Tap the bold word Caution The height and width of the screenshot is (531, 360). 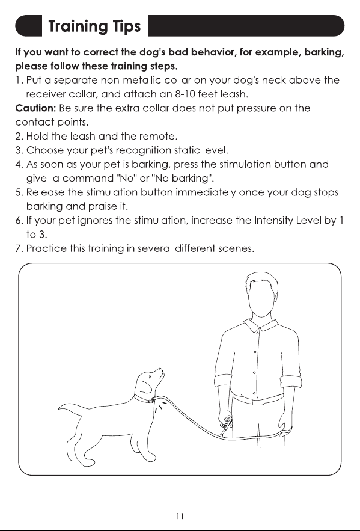pos(35,108)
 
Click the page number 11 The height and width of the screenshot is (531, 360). pos(180,516)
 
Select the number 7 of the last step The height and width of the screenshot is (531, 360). pos(19,248)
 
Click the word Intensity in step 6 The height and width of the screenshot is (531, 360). pos(273,221)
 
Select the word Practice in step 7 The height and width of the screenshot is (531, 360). pos(46,248)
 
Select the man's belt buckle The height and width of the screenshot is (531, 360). pos(258,402)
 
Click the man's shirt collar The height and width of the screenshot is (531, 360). pos(260,324)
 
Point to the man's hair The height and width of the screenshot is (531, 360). pos(261,281)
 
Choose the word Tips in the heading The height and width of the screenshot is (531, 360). pos(127,26)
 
